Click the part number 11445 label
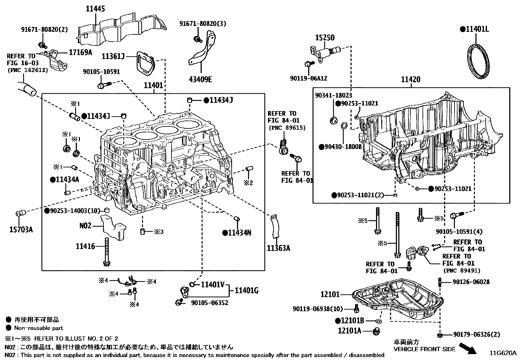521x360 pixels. pyautogui.click(x=95, y=9)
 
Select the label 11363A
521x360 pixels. pyautogui.click(x=278, y=248)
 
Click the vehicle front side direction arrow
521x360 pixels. pyautogui.click(x=468, y=348)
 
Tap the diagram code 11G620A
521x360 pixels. pyautogui.click(x=503, y=353)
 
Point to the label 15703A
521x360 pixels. pyautogui.click(x=21, y=229)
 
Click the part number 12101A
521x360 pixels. pyautogui.click(x=349, y=331)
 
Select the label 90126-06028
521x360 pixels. pyautogui.click(x=471, y=282)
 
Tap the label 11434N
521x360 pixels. pyautogui.click(x=240, y=233)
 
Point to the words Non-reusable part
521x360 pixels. pyautogui.click(x=38, y=328)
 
